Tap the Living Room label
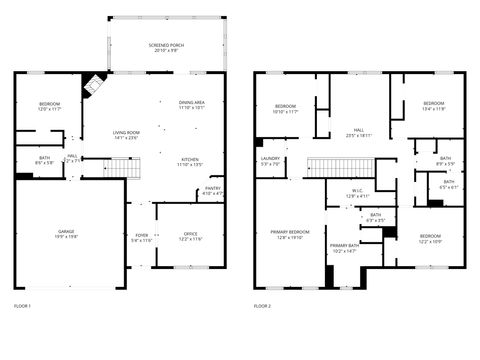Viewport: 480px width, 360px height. [x=126, y=134]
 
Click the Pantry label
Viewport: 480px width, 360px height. [x=213, y=189]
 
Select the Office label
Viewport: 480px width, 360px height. [x=190, y=237]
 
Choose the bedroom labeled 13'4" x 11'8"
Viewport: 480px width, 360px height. [x=433, y=105]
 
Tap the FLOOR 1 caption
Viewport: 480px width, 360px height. [x=23, y=305]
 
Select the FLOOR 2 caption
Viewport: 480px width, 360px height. [x=262, y=305]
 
